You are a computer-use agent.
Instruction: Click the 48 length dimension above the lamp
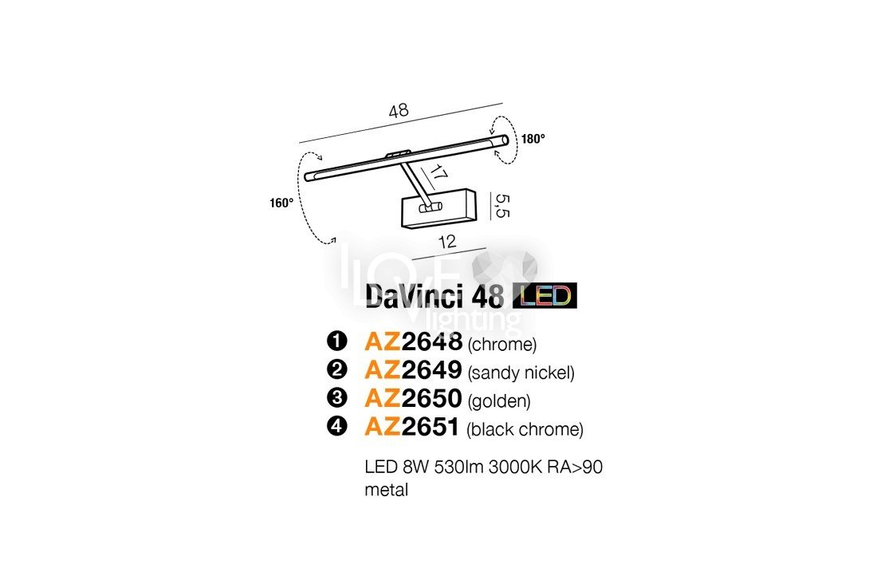(399, 110)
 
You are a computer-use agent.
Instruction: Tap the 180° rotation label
(533, 139)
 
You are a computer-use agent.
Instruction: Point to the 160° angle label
(281, 203)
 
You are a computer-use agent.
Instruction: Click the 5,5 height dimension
(502, 206)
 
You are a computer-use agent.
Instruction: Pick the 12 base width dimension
(447, 242)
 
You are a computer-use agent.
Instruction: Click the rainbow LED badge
(545, 296)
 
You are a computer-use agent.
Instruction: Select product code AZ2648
(413, 341)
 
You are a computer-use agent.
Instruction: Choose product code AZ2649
(413, 369)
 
